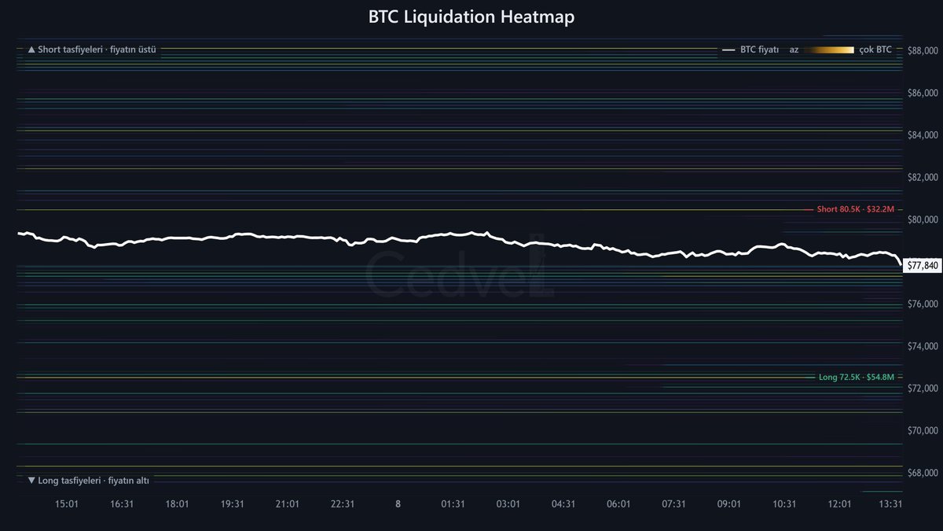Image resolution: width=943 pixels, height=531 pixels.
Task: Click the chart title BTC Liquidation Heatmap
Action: [471, 17]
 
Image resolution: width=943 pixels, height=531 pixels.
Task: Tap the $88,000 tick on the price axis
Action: [923, 50]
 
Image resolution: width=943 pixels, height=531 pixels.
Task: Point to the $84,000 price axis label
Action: [923, 135]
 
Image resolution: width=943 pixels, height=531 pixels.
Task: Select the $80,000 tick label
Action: [923, 219]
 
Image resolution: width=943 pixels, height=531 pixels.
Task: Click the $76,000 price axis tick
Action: [923, 304]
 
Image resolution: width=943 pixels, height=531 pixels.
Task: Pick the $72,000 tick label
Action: [923, 388]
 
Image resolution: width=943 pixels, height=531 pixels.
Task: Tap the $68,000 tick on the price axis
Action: [923, 473]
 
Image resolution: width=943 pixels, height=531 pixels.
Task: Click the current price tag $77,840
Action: [923, 266]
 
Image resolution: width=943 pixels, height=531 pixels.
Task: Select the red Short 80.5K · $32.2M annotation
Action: [855, 209]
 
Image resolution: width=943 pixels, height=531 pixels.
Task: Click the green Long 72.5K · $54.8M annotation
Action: [856, 377]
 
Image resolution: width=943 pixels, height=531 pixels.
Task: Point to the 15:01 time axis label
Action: [67, 504]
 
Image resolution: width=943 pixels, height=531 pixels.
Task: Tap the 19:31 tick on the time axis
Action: [232, 504]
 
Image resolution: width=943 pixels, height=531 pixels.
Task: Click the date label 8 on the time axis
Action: [398, 504]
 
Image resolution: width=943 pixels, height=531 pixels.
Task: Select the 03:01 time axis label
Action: [508, 504]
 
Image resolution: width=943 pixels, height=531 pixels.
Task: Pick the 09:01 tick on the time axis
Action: [728, 504]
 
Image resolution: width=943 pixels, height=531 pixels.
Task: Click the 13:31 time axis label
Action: [890, 504]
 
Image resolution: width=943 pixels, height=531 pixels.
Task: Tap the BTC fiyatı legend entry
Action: [750, 50]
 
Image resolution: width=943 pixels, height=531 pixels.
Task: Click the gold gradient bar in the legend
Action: [828, 50]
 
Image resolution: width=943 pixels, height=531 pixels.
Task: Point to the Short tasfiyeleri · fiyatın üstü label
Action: [92, 50]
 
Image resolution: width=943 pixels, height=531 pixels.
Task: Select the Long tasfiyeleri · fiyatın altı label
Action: [89, 481]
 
